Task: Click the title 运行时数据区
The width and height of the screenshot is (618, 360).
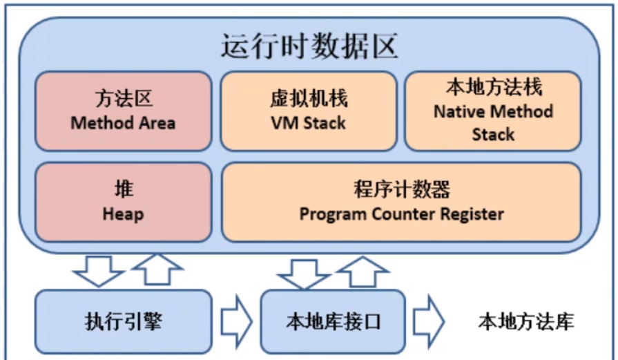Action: click(309, 47)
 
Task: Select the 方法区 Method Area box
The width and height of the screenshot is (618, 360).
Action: click(123, 111)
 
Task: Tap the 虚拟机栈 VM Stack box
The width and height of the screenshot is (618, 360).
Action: click(308, 111)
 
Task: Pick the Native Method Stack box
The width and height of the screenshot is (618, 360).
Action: click(493, 111)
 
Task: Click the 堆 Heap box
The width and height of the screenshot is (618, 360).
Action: click(123, 202)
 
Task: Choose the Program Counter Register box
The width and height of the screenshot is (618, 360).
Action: click(401, 202)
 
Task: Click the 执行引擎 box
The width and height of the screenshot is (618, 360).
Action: click(123, 321)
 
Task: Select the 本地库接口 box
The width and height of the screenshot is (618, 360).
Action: click(333, 321)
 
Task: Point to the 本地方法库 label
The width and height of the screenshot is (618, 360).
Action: click(526, 321)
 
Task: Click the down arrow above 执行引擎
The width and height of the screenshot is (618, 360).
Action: click(97, 269)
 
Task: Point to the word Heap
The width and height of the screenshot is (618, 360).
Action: click(123, 214)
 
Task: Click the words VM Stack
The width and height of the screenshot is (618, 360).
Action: click(308, 124)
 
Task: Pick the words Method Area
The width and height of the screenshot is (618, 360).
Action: click(123, 124)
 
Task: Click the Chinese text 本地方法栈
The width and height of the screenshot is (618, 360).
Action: click(493, 88)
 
